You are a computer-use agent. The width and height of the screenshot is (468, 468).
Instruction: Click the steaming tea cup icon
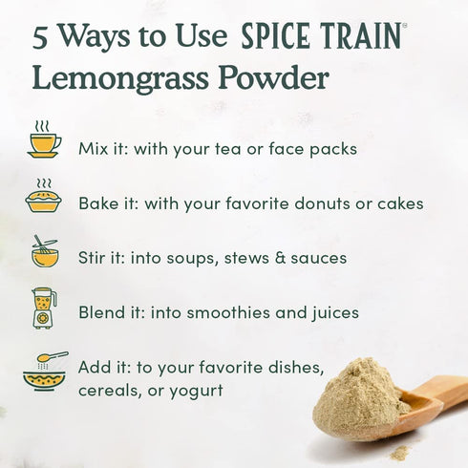(x=44, y=140)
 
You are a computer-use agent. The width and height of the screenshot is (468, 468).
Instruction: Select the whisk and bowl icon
(x=44, y=252)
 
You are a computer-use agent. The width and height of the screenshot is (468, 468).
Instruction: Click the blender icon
(x=43, y=308)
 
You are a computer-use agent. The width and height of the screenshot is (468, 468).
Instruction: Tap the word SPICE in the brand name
(x=278, y=36)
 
